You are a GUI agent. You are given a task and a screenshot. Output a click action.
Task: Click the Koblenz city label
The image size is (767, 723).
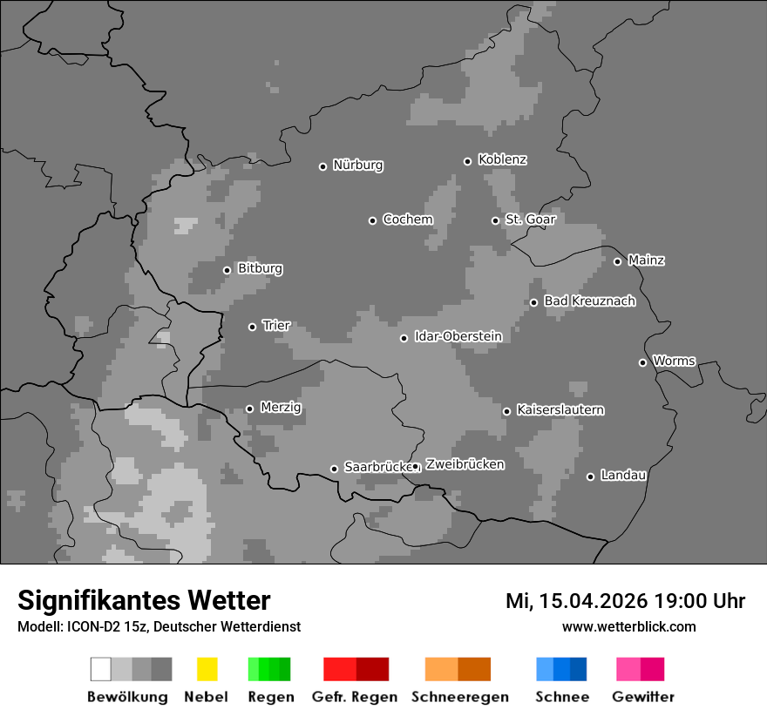pos(502,159)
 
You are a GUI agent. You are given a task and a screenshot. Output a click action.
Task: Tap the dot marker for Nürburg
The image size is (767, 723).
pos(322,166)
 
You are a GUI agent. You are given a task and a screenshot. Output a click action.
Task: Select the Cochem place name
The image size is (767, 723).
pos(407,220)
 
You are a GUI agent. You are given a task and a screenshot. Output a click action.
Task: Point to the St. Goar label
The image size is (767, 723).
pos(530,220)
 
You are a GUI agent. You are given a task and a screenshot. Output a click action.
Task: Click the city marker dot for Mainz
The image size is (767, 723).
pos(617,261)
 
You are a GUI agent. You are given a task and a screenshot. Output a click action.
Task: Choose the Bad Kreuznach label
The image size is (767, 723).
pos(589,301)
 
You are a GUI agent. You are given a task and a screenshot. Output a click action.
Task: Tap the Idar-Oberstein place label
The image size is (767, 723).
pos(458,336)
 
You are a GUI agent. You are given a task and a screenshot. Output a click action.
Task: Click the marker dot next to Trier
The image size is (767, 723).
pos(253,327)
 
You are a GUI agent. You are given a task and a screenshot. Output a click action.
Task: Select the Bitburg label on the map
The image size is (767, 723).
pos(260,268)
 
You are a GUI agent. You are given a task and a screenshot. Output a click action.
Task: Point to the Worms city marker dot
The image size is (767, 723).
pos(642,362)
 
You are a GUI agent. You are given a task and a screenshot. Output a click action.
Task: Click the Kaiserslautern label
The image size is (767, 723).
pos(560,409)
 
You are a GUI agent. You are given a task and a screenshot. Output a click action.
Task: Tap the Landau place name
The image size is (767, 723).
pos(623,476)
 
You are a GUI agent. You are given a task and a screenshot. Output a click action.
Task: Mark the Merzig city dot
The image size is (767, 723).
pos(249,409)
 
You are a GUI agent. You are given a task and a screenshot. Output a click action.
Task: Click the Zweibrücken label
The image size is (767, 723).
pos(465,464)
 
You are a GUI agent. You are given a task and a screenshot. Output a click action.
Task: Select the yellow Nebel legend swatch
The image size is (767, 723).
pos(207,669)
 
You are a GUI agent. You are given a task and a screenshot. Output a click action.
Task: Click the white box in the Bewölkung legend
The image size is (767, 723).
pos(101,669)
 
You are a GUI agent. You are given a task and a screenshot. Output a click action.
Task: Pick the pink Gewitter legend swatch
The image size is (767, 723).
pos(628,669)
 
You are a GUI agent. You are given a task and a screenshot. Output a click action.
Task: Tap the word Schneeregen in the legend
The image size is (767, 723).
pos(459,697)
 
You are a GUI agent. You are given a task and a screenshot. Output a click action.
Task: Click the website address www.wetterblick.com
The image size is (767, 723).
pos(628,626)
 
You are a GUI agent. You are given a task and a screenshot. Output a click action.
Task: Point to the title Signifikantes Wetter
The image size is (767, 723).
pos(144,600)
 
